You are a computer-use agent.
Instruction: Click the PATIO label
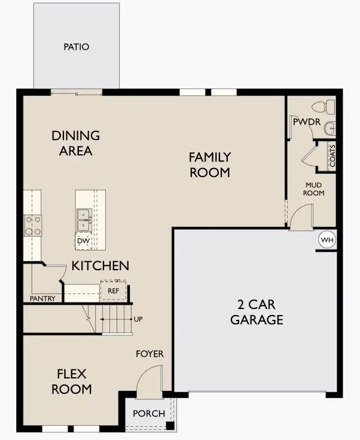click(76, 47)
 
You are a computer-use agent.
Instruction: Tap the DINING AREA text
click(75, 143)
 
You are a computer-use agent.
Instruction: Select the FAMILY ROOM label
click(210, 164)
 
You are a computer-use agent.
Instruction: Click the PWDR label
click(306, 122)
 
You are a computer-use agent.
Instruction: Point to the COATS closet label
click(332, 157)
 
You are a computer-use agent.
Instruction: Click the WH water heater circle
click(327, 240)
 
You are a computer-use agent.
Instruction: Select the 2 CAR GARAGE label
click(257, 312)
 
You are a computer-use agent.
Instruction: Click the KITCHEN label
click(100, 265)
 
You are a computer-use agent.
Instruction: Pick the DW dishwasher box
click(83, 241)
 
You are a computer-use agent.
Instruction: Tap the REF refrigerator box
click(114, 291)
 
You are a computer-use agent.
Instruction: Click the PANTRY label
click(42, 298)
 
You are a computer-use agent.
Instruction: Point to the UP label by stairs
click(138, 319)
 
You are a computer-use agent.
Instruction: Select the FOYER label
click(150, 354)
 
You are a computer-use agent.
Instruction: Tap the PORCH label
click(148, 414)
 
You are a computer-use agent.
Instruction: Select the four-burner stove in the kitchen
click(33, 225)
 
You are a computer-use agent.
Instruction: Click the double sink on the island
click(83, 219)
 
